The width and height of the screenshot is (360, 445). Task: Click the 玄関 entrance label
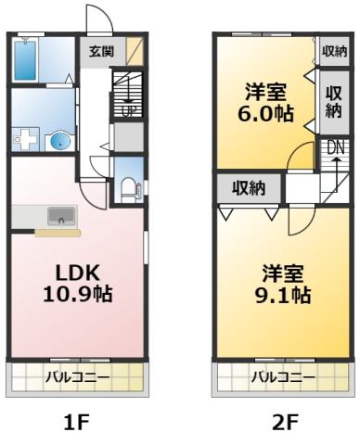[x=101, y=51]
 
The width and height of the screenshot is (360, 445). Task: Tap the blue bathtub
[x=25, y=59]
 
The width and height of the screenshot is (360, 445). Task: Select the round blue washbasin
[x=60, y=142]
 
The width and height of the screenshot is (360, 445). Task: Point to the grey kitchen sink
[x=61, y=216]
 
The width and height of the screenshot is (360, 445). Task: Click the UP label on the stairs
[x=128, y=111]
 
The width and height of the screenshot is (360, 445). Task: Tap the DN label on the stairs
[x=336, y=148]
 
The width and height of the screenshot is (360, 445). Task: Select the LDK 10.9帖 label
[x=78, y=283]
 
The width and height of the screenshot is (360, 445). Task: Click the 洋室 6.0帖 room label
[x=265, y=103]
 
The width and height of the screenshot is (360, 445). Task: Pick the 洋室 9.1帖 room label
[x=283, y=284]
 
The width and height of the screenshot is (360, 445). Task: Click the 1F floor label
[x=76, y=422]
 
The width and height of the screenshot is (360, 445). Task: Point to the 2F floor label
[x=285, y=422]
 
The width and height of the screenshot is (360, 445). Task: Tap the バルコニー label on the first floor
[x=78, y=377]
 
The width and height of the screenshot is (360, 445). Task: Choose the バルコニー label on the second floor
[x=283, y=377]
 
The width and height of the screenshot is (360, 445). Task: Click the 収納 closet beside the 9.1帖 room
[x=249, y=188]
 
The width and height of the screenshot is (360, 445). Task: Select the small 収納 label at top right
[x=335, y=51]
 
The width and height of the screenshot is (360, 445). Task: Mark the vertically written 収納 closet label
[x=334, y=102]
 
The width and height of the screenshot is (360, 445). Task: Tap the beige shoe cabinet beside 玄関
[x=135, y=51]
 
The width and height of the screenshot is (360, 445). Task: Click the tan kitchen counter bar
[x=58, y=233]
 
